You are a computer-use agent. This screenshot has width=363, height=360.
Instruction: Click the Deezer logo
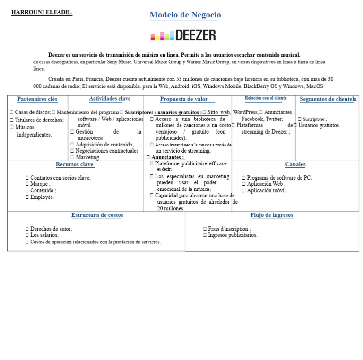point(183,35)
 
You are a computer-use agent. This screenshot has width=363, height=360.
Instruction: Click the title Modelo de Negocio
point(185,15)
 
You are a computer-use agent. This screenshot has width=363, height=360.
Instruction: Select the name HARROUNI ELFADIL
point(41,12)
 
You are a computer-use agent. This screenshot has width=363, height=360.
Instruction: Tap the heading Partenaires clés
point(37,99)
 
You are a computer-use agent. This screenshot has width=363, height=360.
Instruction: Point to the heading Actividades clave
point(110,99)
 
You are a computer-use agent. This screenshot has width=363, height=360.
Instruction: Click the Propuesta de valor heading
point(184,99)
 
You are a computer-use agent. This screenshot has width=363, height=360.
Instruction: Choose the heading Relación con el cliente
point(266,98)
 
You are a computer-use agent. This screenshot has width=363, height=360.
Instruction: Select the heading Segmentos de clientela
point(328,99)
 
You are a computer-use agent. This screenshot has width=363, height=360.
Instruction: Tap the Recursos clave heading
point(75,164)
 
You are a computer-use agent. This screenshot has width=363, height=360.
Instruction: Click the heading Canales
point(295,164)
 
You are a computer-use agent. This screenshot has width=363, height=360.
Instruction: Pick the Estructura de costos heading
point(97,215)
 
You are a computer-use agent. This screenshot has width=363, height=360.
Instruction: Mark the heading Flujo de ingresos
point(272,215)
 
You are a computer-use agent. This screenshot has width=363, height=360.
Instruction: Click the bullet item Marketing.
point(88,157)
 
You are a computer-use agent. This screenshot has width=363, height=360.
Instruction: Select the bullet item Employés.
point(42,197)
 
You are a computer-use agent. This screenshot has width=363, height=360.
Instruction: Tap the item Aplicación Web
point(266,184)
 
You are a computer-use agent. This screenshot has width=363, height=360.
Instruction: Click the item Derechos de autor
point(51,229)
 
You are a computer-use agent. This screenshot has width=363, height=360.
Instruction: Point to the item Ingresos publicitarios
point(233,235)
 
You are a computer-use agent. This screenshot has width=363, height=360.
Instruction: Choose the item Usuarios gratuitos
point(319,125)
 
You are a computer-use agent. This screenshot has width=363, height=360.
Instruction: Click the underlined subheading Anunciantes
point(168,157)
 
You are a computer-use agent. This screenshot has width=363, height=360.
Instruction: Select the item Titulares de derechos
point(39,120)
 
